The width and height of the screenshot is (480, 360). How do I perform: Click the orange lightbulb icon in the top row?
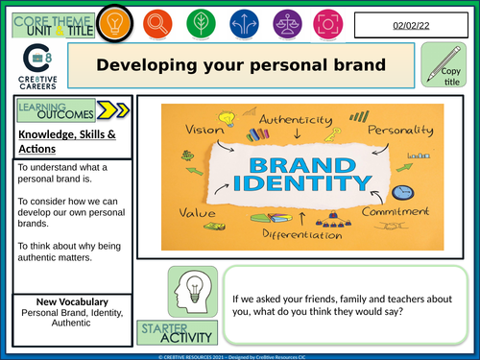(116, 21)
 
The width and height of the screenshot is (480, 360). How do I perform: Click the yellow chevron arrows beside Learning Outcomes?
(112, 110)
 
